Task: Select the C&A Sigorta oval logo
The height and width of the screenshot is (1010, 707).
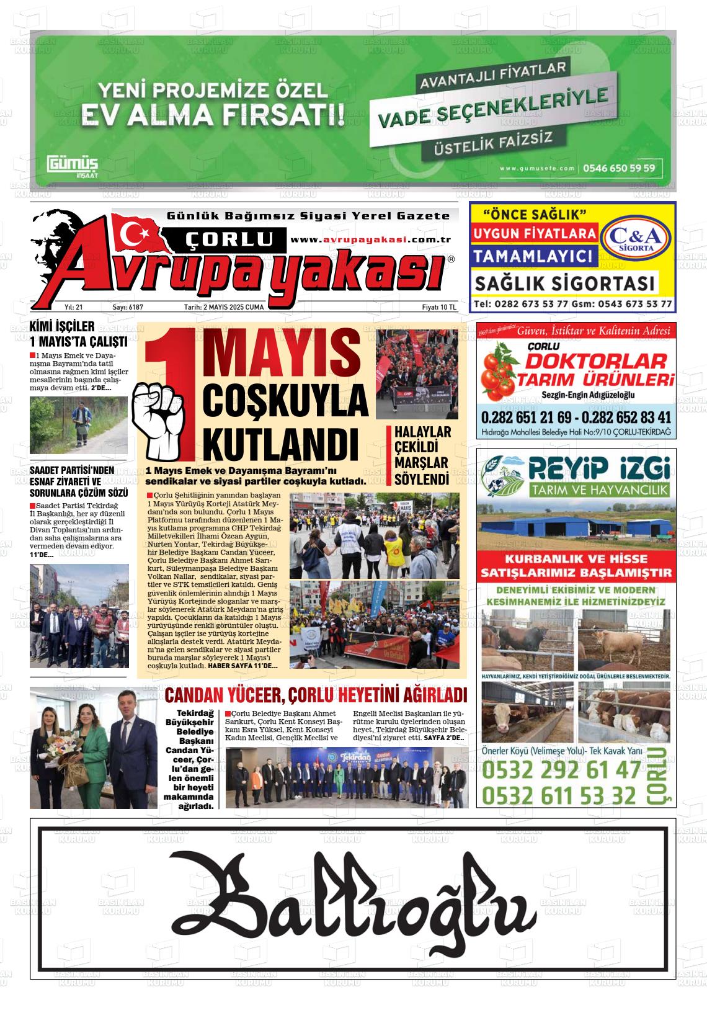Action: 636,238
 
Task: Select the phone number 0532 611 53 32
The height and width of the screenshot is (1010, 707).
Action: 559,795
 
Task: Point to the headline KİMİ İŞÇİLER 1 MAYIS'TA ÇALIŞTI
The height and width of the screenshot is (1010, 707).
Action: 78,334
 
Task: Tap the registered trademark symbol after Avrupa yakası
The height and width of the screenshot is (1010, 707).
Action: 451,259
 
